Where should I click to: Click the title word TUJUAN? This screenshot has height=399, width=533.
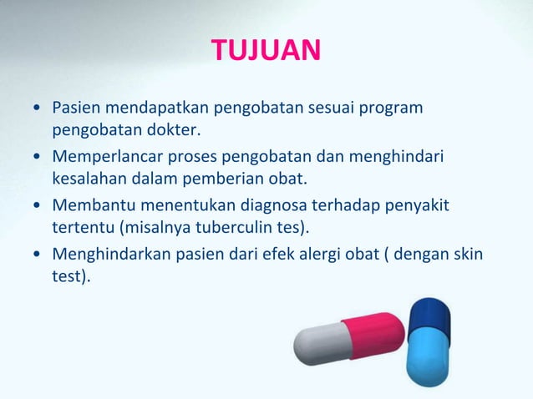(266, 51)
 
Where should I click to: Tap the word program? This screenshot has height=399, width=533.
(393, 109)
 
